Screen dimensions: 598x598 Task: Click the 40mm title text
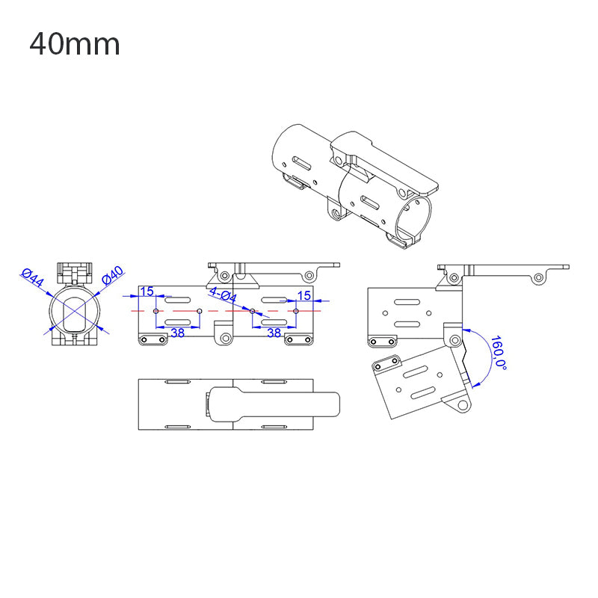[x=75, y=45]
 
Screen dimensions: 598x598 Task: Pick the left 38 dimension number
[x=177, y=333]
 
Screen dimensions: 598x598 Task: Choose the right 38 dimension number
[x=274, y=333]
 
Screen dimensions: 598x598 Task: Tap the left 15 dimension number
[x=147, y=292]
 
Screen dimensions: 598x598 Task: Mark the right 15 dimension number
[x=303, y=295]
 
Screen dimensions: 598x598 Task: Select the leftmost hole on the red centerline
[x=155, y=310]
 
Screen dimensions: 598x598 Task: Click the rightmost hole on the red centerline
[x=296, y=310]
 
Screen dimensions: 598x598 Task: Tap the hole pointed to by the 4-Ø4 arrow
[x=252, y=310]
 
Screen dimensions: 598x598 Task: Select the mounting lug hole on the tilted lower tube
[x=463, y=405]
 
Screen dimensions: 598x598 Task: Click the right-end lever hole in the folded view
[x=538, y=278]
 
